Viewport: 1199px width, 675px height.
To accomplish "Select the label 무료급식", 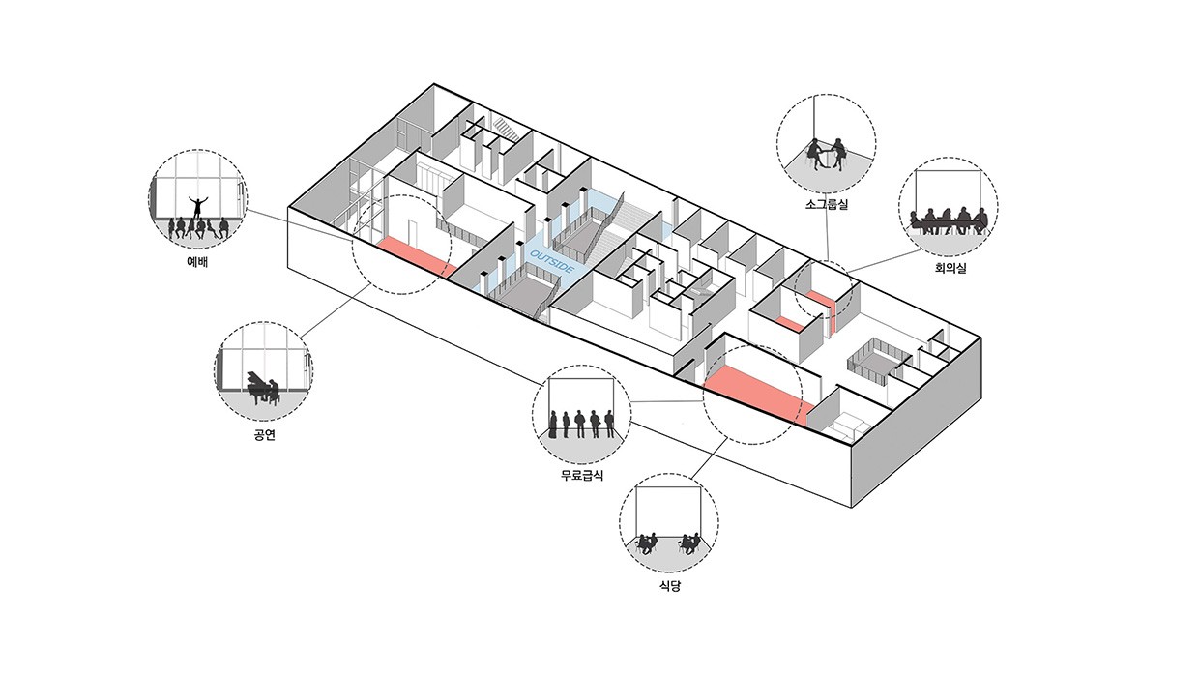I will (x=581, y=475).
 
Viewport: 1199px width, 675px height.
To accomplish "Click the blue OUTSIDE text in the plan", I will (x=554, y=252).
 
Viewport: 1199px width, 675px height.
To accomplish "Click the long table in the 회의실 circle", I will (x=948, y=224).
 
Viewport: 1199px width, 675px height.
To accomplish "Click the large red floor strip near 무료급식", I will (x=755, y=394).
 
